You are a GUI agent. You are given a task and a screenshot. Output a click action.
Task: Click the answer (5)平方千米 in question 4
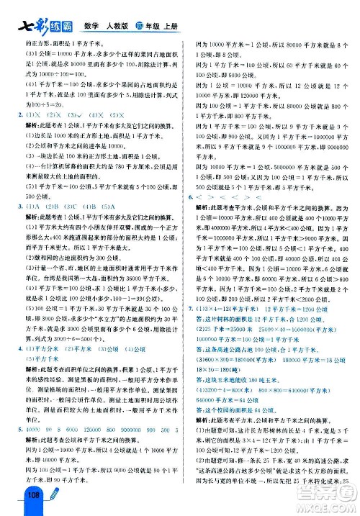tap(42, 358)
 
